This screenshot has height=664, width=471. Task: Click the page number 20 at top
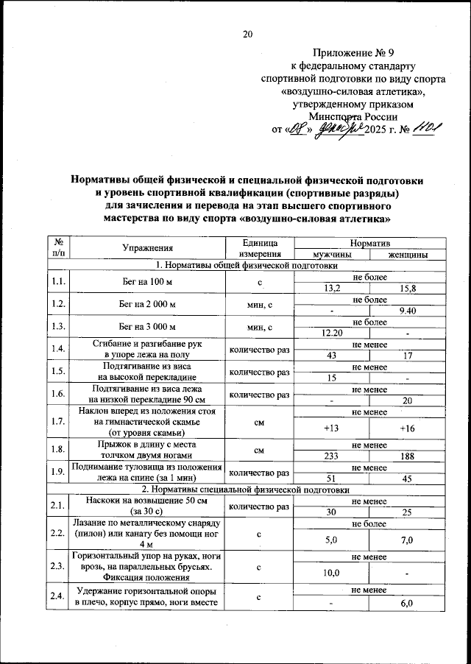pyautogui.click(x=247, y=33)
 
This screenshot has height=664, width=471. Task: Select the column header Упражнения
pyautogui.click(x=148, y=248)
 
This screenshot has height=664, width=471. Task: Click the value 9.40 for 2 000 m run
pyautogui.click(x=407, y=311)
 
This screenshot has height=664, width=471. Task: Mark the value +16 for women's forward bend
pyautogui.click(x=407, y=428)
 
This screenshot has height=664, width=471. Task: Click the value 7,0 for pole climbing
pyautogui.click(x=407, y=540)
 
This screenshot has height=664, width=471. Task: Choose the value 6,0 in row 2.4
pyautogui.click(x=407, y=604)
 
